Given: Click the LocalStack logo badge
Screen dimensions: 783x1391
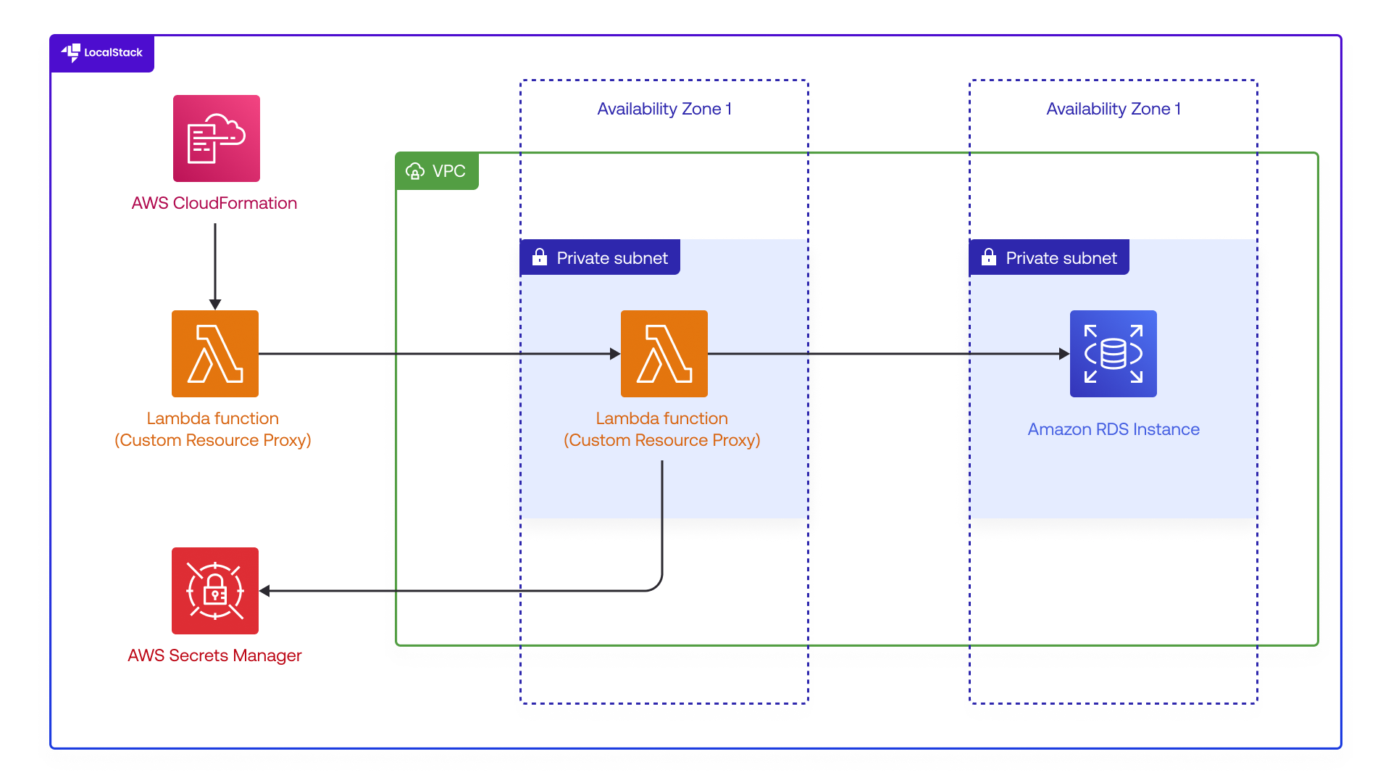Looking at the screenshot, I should [102, 53].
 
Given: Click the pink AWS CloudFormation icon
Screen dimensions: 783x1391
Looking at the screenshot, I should [216, 138].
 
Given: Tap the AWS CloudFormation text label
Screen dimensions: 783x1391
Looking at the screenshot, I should [214, 203].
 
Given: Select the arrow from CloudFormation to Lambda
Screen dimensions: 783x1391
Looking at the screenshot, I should [215, 265].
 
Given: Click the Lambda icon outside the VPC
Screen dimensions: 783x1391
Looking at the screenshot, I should [215, 354].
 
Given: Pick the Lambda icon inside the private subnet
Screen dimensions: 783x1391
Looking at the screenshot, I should [664, 354].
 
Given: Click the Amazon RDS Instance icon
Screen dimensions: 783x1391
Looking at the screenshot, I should [1113, 354].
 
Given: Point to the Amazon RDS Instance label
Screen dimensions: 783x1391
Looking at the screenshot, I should [1114, 429].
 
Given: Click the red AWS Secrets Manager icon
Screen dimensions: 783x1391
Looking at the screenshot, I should [215, 591].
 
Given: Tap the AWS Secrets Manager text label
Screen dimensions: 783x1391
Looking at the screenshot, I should [214, 655].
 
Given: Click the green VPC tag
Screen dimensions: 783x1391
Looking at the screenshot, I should [437, 171].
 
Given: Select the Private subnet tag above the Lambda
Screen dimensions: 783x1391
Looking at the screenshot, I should [600, 257].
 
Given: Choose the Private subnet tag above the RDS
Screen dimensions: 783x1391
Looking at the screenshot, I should [1049, 257].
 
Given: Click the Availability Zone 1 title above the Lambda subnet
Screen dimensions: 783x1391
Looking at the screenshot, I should [664, 109].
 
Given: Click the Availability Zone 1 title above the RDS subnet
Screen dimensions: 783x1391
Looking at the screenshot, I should [1114, 109].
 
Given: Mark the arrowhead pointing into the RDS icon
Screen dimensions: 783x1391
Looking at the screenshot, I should [1064, 354].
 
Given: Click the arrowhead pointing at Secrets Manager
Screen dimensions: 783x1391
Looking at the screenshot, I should [265, 591].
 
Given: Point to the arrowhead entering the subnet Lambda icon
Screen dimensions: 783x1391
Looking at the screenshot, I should [615, 354].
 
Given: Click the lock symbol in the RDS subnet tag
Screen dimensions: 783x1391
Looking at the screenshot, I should [989, 257].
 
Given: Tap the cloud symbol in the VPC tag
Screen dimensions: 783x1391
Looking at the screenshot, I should [415, 171].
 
